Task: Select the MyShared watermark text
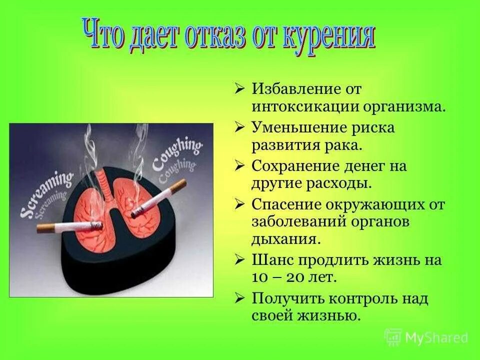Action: [x=435, y=338]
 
